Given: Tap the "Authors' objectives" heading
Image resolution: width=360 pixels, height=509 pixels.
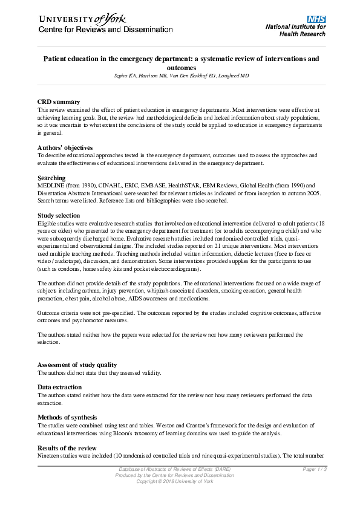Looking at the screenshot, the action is click(x=65, y=148).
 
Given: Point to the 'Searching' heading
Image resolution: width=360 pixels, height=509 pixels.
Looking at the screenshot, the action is click(x=52, y=178).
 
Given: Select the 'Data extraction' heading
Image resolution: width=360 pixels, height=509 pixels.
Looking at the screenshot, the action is click(x=61, y=387).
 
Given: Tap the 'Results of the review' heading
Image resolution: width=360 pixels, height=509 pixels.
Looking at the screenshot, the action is click(x=67, y=447).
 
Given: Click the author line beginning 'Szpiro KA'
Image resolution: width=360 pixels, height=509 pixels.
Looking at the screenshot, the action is click(x=180, y=76).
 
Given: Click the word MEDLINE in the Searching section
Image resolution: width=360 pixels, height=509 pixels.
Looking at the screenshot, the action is click(x=50, y=186).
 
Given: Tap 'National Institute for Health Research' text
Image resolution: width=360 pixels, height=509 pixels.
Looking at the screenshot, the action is click(x=296, y=30).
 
